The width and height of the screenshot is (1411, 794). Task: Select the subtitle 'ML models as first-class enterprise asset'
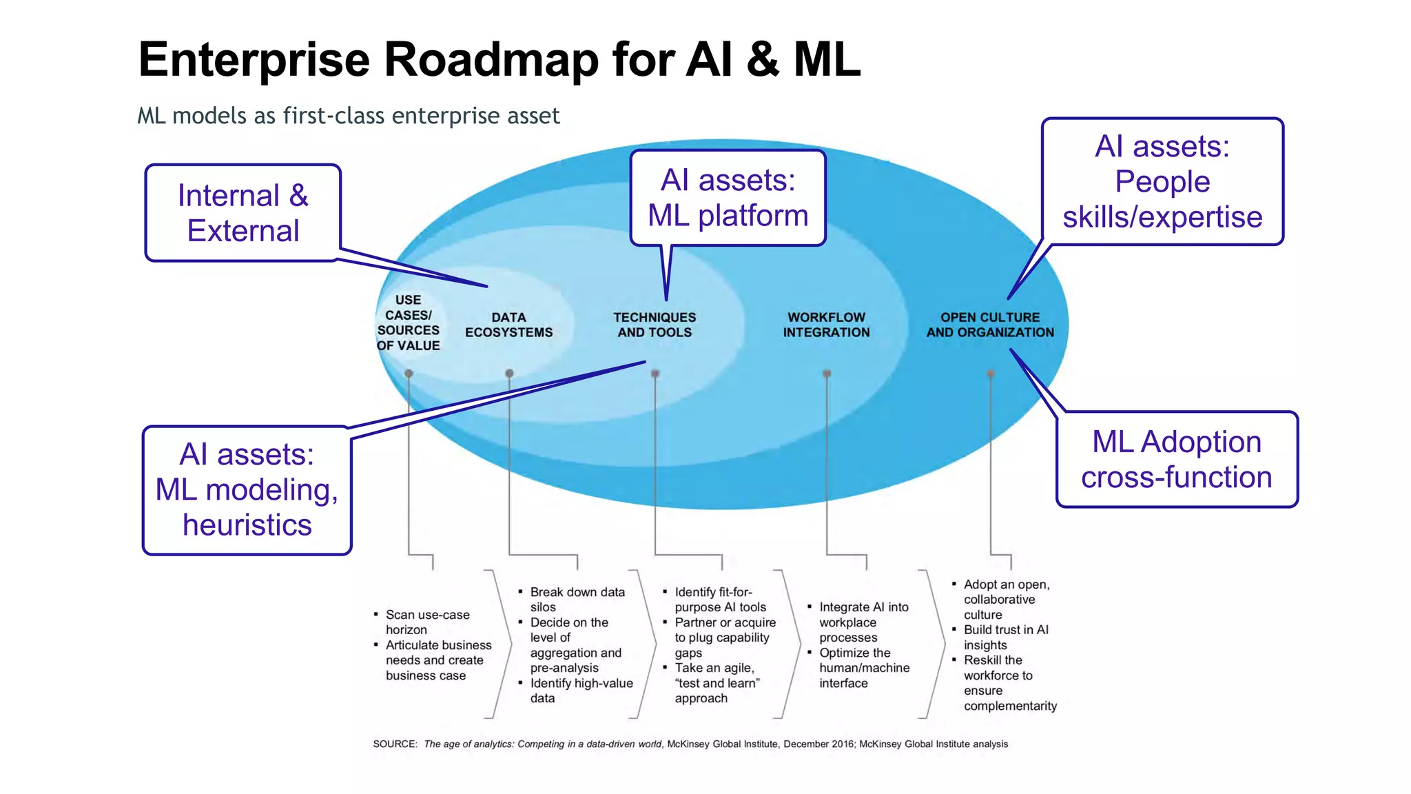click(x=348, y=116)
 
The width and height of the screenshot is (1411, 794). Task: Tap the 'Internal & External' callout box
click(x=243, y=213)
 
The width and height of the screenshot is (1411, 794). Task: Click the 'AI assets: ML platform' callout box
click(x=728, y=198)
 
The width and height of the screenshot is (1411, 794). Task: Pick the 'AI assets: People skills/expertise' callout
click(x=1162, y=182)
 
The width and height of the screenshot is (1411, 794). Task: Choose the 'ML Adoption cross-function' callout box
click(x=1176, y=460)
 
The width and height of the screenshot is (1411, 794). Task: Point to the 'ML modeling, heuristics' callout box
click(x=247, y=490)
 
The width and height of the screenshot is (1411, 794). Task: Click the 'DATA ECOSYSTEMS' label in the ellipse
click(x=508, y=325)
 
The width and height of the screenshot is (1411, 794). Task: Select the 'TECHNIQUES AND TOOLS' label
click(x=655, y=325)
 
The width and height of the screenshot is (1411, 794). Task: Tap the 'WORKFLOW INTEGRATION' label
click(x=826, y=325)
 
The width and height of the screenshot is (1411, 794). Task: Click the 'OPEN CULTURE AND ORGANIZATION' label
click(x=990, y=325)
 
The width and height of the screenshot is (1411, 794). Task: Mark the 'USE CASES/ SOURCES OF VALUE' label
click(x=408, y=323)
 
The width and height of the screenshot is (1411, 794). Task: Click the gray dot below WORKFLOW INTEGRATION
click(x=827, y=374)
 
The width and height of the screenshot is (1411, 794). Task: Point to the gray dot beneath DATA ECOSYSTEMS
click(x=509, y=374)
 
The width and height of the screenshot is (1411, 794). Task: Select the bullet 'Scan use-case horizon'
click(x=427, y=622)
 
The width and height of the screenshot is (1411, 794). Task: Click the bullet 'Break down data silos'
click(x=577, y=599)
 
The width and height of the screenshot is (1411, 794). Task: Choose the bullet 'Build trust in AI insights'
click(x=1005, y=637)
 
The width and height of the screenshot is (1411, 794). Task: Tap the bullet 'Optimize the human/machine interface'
click(x=863, y=667)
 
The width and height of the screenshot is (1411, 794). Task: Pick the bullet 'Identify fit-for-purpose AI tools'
click(x=719, y=599)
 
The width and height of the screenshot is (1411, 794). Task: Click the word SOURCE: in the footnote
click(x=395, y=744)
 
